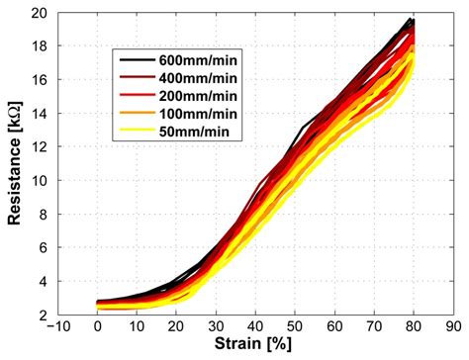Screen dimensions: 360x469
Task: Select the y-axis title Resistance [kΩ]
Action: tap(14, 164)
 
